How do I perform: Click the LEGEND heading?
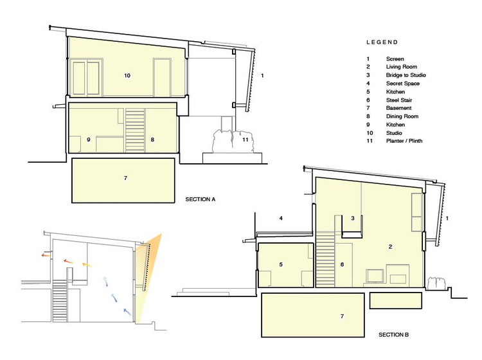pos(382,42)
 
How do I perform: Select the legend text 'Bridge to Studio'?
pos(406,75)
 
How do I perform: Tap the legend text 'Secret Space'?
pos(403,84)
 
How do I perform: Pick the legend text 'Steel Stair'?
pos(399,100)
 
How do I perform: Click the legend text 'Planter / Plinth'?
pos(404,141)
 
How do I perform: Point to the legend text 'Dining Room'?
pos(402,116)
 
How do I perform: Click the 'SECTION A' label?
pos(200,199)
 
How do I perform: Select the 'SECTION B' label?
pos(393,334)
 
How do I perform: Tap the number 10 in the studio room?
pos(127,75)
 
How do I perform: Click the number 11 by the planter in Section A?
pos(245,139)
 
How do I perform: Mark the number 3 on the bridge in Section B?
pos(353,219)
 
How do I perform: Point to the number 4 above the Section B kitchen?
pos(281,219)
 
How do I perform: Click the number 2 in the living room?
pos(390,247)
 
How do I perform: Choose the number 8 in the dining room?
pos(152,139)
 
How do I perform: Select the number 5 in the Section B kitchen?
pos(281,264)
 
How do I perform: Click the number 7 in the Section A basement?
pos(125,178)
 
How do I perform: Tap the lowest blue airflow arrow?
pos(127,312)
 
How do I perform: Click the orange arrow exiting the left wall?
pos(46,255)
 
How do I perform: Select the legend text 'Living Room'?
pos(402,67)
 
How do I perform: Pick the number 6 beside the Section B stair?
pos(342,264)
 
